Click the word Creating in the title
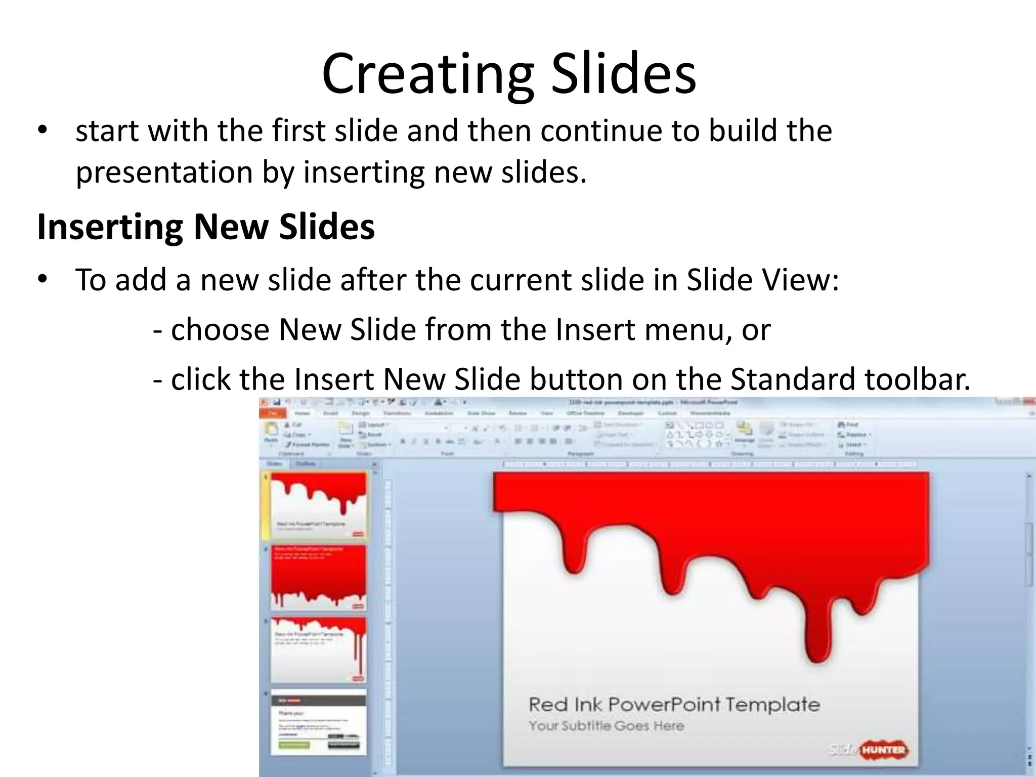(x=427, y=75)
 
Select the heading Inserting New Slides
(x=206, y=227)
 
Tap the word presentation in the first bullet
(x=164, y=172)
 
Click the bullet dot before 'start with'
(x=42, y=131)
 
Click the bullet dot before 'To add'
(x=42, y=279)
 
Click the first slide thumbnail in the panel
(x=319, y=506)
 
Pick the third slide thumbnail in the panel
(x=319, y=650)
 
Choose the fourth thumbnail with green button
(x=319, y=722)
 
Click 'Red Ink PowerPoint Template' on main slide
(x=674, y=704)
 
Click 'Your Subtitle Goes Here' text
(x=606, y=726)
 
